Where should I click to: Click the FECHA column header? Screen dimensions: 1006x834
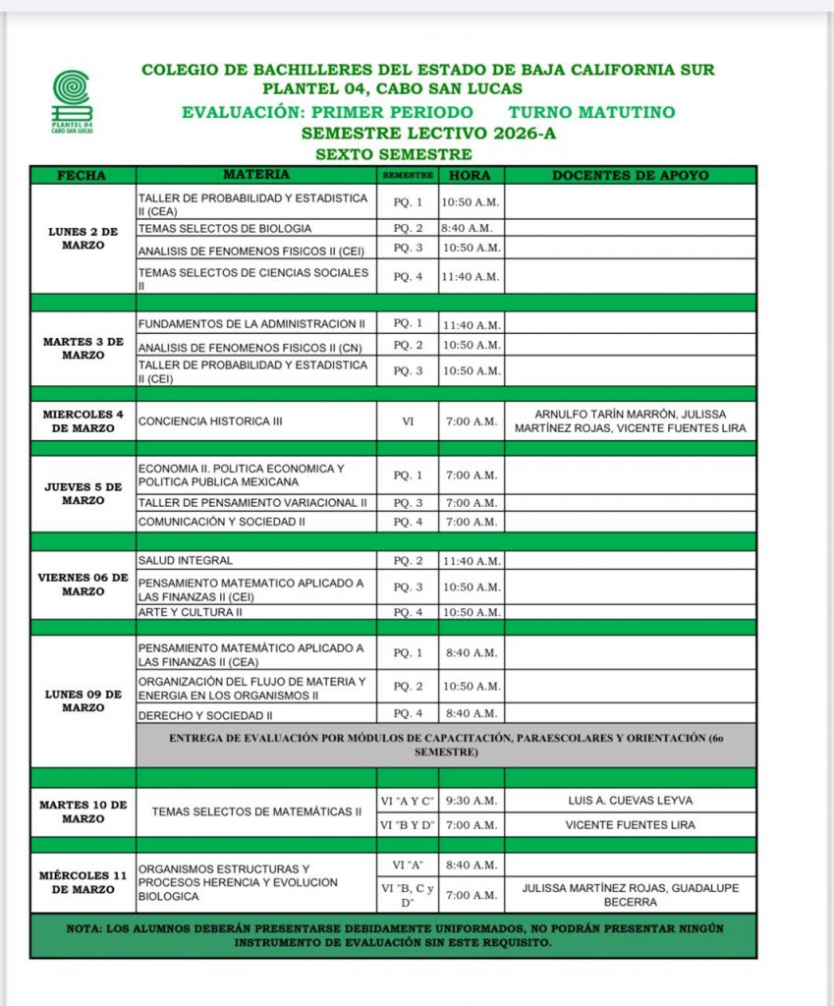(x=83, y=175)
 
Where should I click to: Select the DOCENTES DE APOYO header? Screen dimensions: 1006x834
(x=630, y=175)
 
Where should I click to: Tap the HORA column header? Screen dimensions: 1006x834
(x=471, y=175)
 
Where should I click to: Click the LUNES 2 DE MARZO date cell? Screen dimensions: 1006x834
(x=83, y=239)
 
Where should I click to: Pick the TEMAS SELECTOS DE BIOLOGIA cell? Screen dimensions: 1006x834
(x=256, y=228)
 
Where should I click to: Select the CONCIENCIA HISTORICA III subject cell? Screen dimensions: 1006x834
(x=256, y=420)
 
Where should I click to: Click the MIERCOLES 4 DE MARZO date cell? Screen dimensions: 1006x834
(x=83, y=420)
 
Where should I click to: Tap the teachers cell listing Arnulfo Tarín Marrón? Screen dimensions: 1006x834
(x=630, y=420)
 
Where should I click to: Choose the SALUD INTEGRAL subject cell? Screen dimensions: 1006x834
(x=256, y=561)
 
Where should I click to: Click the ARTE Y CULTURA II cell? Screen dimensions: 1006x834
(x=256, y=612)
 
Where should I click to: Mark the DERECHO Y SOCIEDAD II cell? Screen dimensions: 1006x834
(x=256, y=714)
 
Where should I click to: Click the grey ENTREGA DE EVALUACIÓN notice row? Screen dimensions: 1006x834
(x=446, y=744)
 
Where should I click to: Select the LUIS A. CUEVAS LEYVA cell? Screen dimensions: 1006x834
(x=630, y=800)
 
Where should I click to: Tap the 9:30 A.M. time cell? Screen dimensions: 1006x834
(x=471, y=800)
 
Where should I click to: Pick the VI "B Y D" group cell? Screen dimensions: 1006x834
(x=407, y=825)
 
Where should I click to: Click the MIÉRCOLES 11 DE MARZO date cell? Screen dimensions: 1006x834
(x=83, y=881)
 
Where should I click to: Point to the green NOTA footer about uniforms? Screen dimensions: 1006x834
(x=393, y=935)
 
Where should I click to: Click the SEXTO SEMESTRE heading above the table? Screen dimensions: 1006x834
(x=394, y=154)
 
